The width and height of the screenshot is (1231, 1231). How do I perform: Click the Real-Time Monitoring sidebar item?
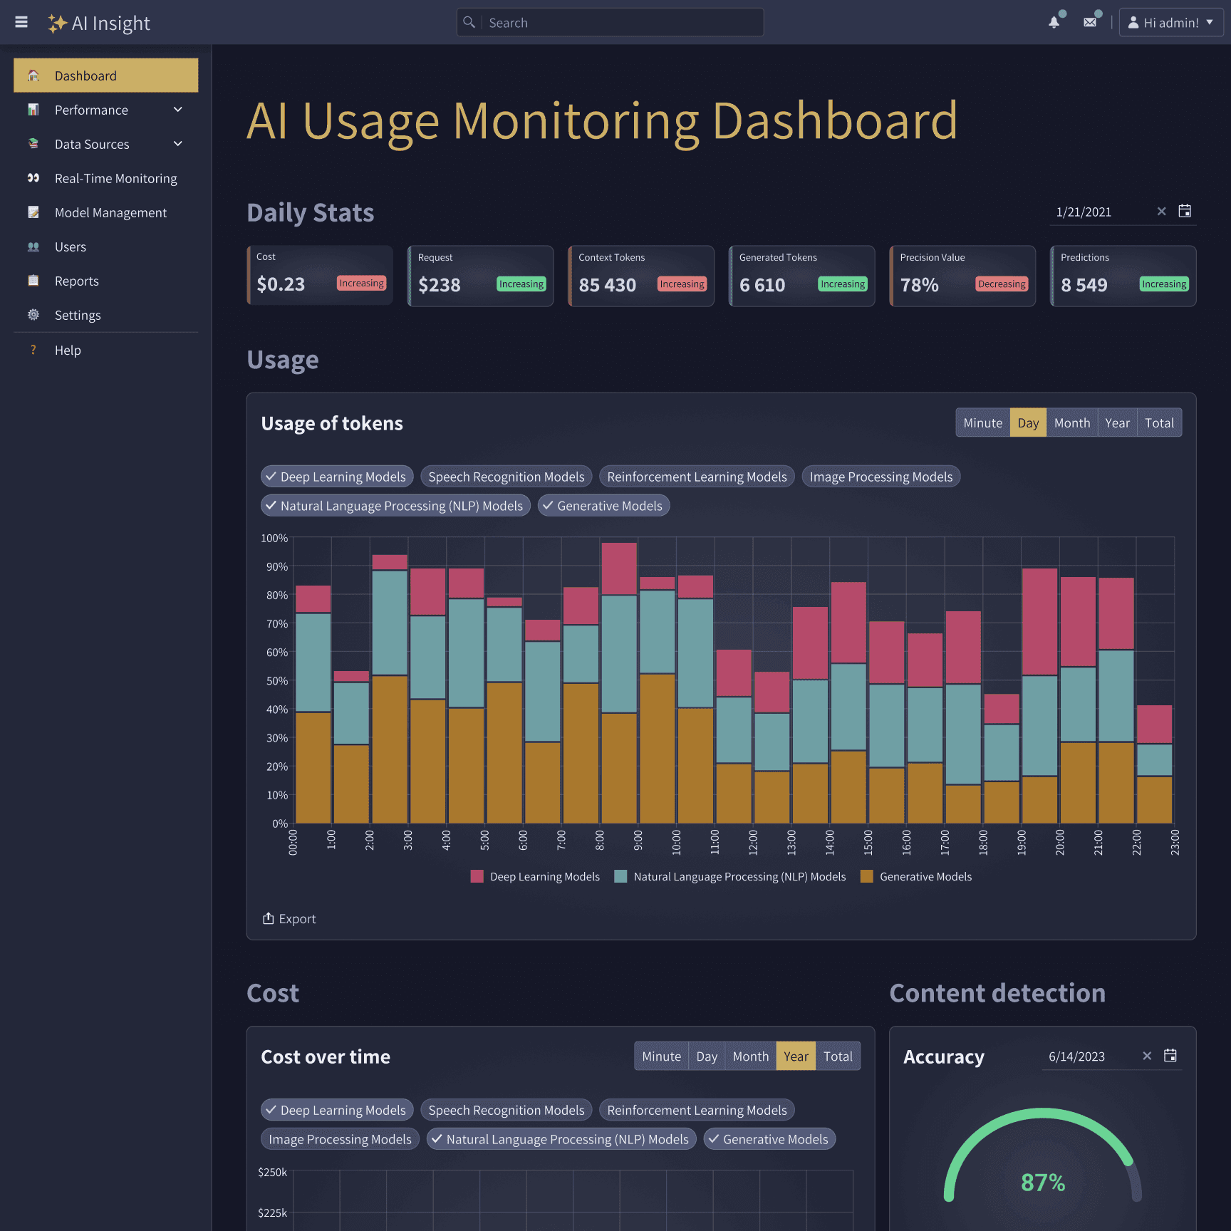[x=115, y=179]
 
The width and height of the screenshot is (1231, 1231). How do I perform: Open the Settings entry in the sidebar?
[x=78, y=316]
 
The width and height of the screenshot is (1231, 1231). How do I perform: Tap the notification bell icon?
[x=1054, y=23]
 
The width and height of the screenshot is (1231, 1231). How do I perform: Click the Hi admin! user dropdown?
[x=1170, y=23]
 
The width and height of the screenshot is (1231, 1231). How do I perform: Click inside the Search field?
[x=620, y=23]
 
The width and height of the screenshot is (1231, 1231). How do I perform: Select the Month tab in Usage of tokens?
[x=1071, y=423]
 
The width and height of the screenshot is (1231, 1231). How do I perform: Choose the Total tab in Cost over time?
[x=838, y=1056]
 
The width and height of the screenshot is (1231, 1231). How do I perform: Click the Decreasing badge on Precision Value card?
[x=1002, y=284]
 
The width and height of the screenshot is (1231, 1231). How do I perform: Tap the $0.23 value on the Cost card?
[x=281, y=284]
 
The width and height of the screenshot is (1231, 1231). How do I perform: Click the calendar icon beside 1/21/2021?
[x=1185, y=212]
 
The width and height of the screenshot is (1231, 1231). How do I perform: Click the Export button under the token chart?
[x=289, y=919]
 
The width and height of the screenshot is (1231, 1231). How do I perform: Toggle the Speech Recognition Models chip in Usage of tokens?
[x=506, y=477]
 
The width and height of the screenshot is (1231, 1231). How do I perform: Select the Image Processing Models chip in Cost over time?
[x=340, y=1140]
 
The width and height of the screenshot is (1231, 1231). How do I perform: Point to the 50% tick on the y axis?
[x=276, y=681]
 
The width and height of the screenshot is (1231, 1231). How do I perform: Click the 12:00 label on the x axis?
[x=753, y=842]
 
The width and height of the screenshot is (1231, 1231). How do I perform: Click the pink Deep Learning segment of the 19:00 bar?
[x=1039, y=621]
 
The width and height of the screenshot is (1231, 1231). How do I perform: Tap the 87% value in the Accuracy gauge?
[x=1042, y=1183]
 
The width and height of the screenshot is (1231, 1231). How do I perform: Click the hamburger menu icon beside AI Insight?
[x=21, y=23]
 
